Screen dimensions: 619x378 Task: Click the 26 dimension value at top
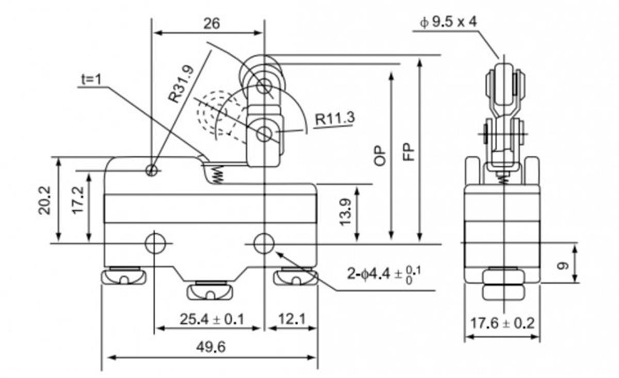click(x=211, y=24)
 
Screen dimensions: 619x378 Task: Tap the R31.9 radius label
click(x=181, y=84)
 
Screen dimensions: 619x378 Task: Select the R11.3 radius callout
click(x=335, y=118)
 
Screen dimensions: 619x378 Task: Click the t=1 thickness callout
click(x=91, y=79)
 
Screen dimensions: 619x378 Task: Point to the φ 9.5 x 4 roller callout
click(x=448, y=22)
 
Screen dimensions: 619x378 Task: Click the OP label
click(x=380, y=156)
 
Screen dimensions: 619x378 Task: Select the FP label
click(x=409, y=152)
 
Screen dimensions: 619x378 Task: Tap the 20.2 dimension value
click(x=44, y=200)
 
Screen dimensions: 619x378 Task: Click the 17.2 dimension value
click(x=78, y=200)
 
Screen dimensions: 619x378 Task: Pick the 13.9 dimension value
click(x=346, y=212)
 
